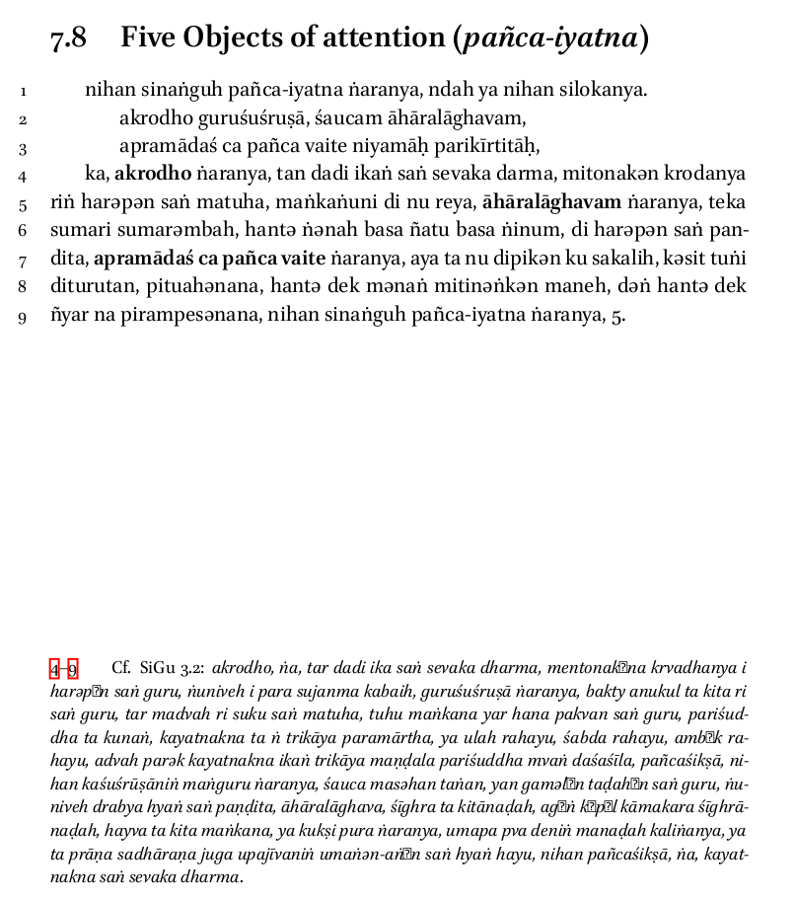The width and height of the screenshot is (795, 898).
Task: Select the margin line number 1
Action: point(22,93)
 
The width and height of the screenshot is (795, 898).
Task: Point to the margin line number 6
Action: point(22,233)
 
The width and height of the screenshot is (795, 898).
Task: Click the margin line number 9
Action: point(22,318)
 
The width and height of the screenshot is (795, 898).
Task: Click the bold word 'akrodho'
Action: point(147,175)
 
